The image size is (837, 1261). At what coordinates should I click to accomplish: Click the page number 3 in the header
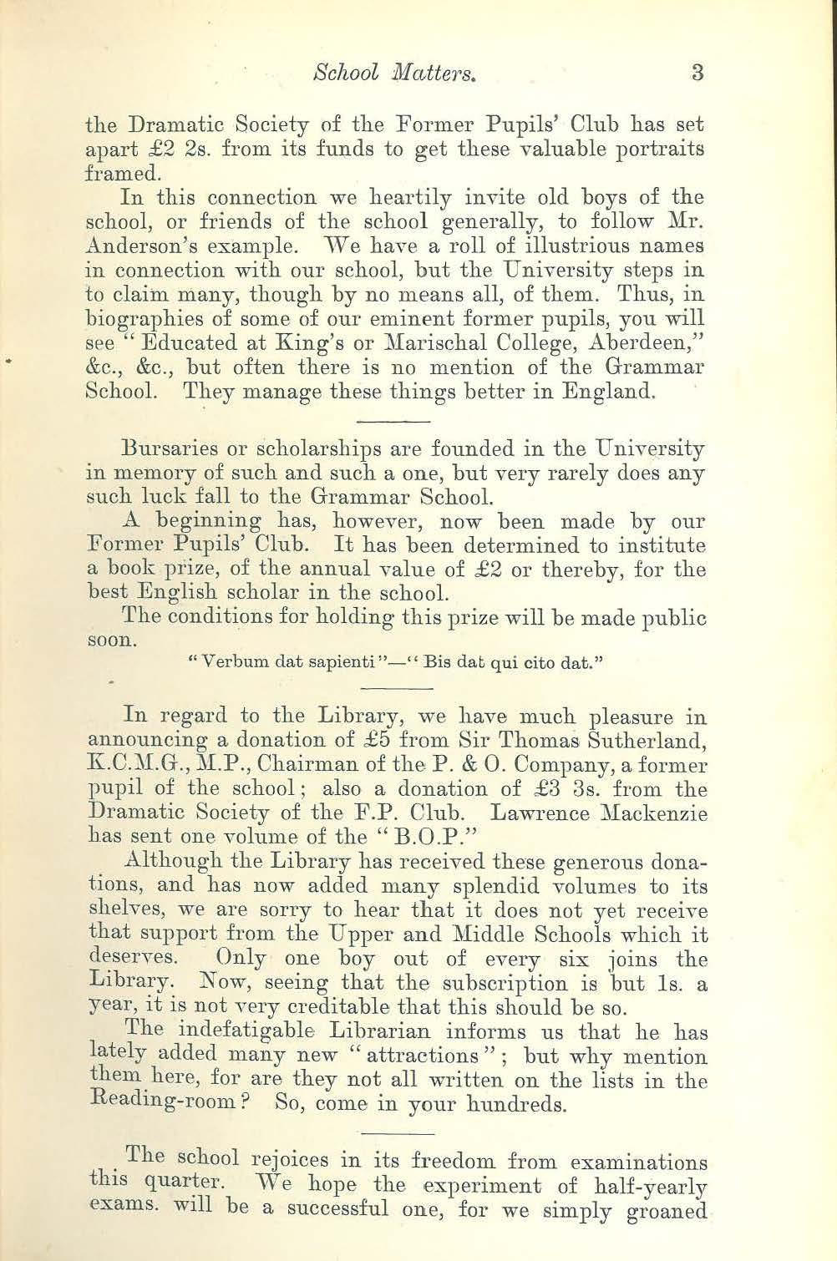[x=698, y=73]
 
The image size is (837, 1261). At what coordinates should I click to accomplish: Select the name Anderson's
[x=135, y=248]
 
